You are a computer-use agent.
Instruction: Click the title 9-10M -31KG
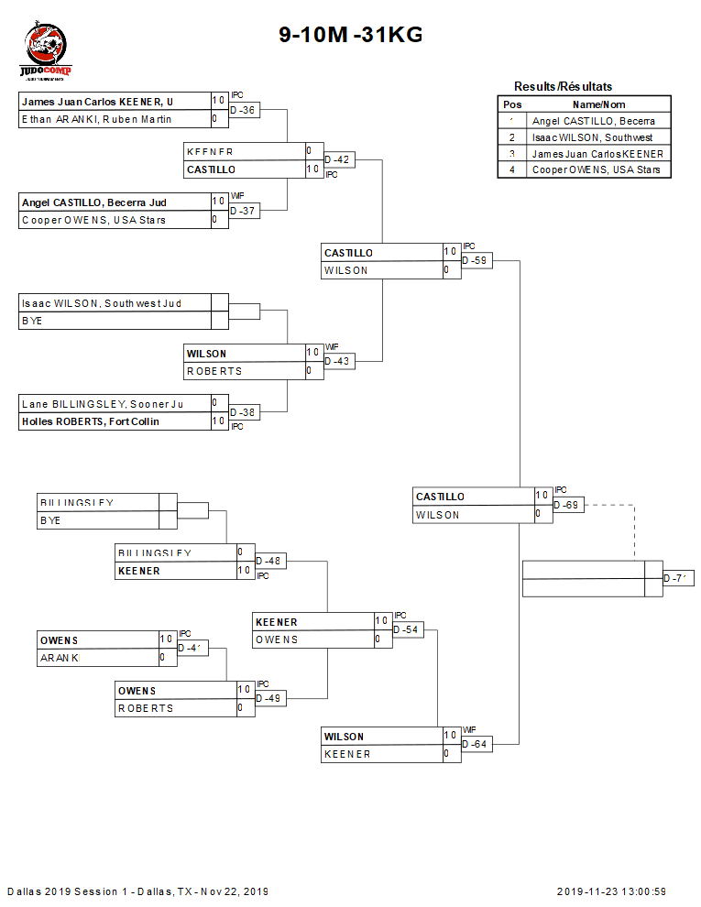coord(351,36)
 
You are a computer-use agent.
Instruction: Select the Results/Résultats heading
coord(563,86)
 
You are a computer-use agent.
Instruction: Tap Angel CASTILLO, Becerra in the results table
coord(594,121)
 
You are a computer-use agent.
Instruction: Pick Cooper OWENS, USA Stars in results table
coord(596,169)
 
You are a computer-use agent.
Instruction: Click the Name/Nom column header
coord(598,104)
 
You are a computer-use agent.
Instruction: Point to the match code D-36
coord(243,110)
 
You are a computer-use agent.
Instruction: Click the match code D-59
coord(475,261)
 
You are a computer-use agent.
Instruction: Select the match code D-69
coord(567,505)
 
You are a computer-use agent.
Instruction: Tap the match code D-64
coord(475,745)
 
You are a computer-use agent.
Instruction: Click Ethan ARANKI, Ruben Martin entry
coord(96,119)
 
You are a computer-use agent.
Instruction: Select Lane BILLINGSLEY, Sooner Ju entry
coord(102,404)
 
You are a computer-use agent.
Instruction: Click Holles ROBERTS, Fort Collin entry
coord(90,421)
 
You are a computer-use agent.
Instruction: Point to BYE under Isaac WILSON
coord(33,321)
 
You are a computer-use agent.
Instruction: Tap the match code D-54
coord(407,629)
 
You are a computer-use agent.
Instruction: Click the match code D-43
coord(337,362)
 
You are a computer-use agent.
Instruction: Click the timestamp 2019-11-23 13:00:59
coord(611,891)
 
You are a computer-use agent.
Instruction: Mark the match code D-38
coord(243,412)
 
